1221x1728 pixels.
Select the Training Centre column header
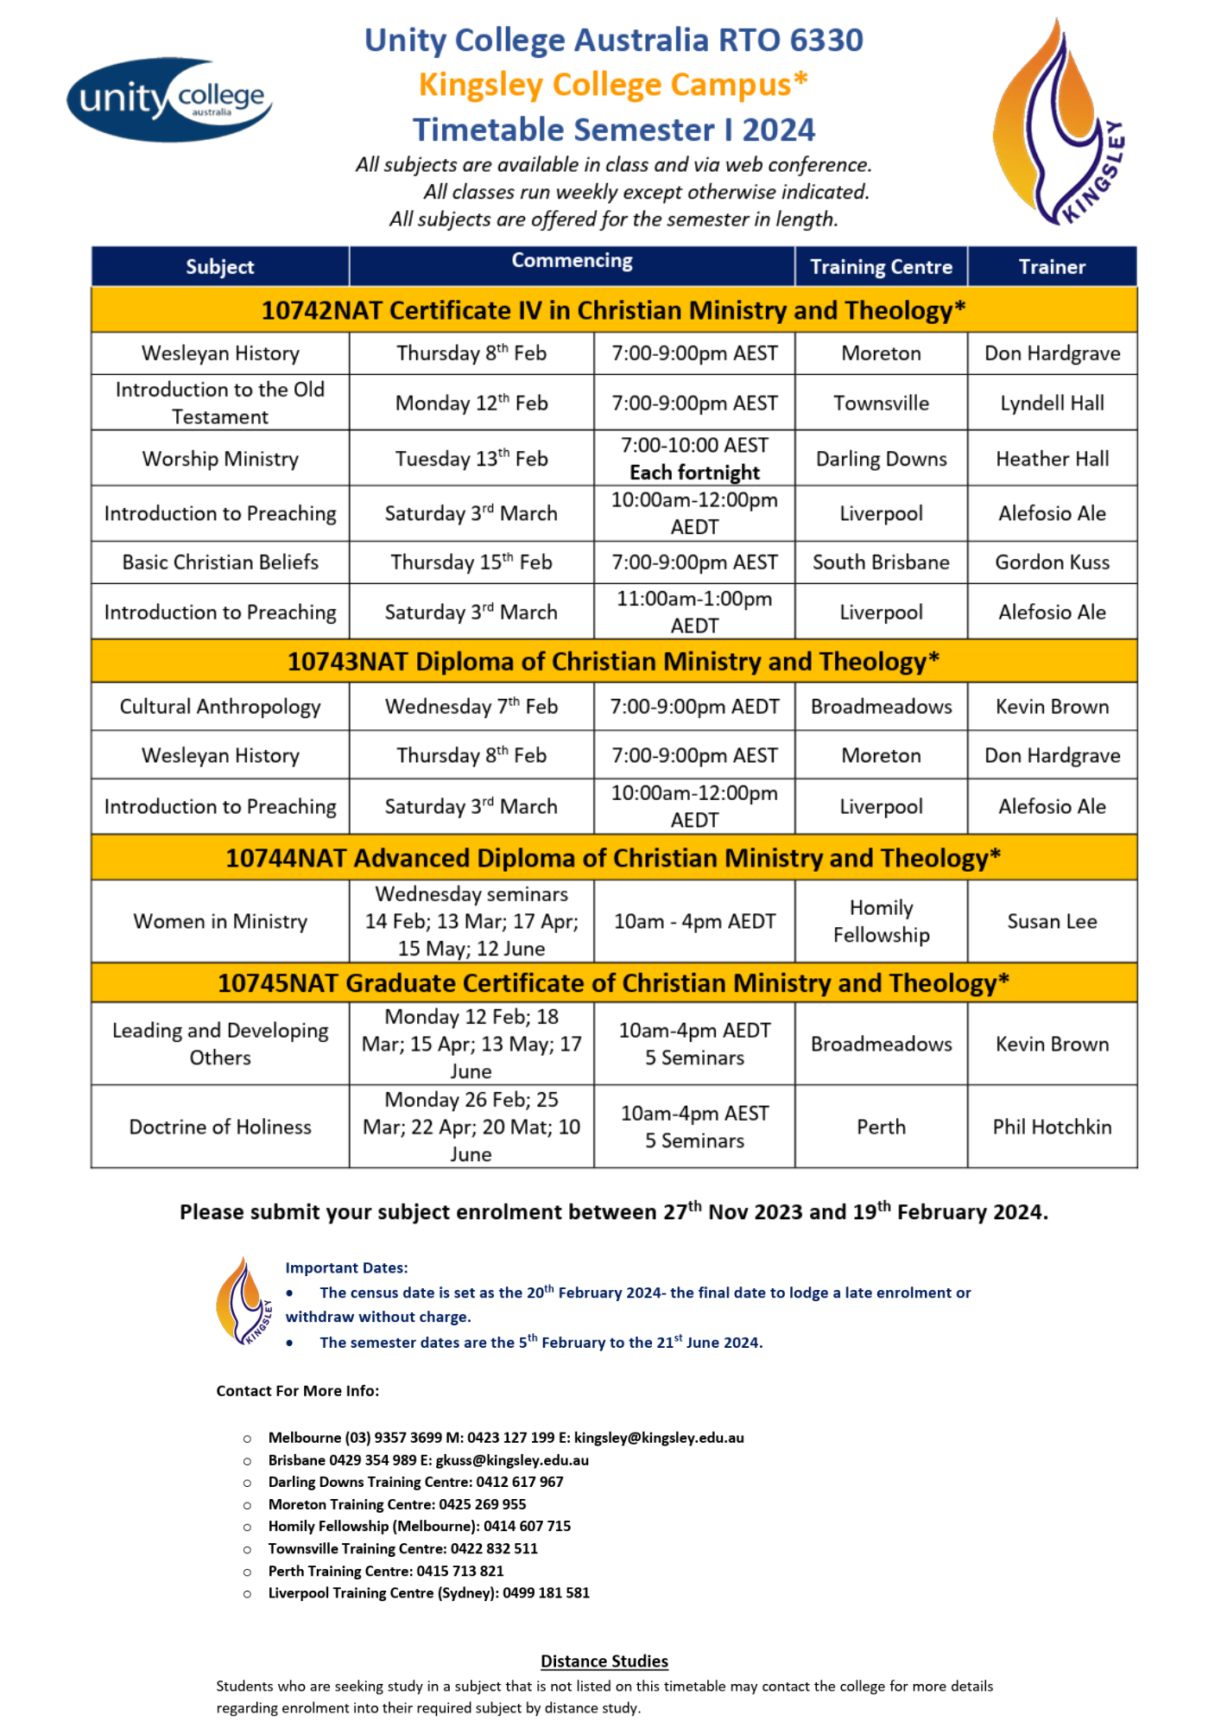[881, 267]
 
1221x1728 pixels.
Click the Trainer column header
[1052, 267]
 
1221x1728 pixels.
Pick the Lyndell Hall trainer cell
[1052, 403]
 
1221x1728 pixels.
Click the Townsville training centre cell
[881, 403]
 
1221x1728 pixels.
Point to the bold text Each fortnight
[694, 473]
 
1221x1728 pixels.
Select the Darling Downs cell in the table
[881, 459]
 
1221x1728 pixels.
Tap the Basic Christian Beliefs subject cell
[220, 562]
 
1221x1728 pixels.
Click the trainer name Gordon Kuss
[1052, 562]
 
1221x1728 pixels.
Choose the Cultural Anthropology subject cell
[220, 707]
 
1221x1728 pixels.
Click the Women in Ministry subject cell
[220, 922]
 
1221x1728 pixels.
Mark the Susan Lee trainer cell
[1052, 922]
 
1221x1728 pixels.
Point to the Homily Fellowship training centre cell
[881, 922]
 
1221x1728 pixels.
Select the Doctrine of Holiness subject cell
[220, 1127]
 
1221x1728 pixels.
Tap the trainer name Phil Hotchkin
[1052, 1127]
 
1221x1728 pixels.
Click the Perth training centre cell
[881, 1127]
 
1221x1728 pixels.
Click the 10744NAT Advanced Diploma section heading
[613, 858]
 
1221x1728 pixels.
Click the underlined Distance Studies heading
[604, 1661]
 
